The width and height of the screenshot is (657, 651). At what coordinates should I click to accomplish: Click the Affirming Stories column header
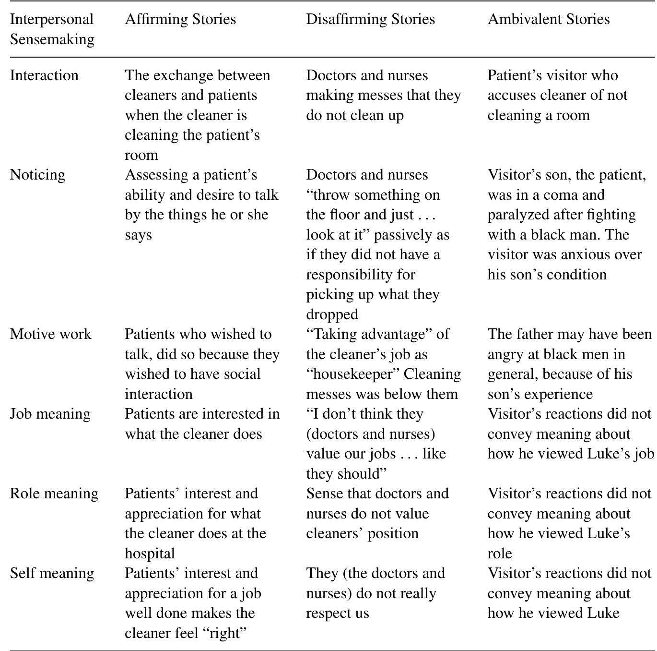tap(180, 19)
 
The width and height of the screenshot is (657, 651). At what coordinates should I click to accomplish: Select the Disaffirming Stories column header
tap(370, 19)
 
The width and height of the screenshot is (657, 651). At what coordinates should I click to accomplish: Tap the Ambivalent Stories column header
tap(549, 19)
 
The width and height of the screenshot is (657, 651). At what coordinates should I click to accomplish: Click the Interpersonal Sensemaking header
tap(52, 29)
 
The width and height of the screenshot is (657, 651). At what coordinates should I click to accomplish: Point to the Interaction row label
tap(44, 75)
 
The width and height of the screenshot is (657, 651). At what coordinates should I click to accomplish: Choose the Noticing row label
tap(37, 175)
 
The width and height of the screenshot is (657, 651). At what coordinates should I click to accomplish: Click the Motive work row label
tap(50, 334)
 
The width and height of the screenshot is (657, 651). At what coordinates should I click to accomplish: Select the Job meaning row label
tap(50, 414)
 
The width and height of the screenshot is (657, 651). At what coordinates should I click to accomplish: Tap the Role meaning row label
tap(54, 494)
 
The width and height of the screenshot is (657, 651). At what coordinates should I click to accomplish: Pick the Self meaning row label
tap(52, 573)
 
